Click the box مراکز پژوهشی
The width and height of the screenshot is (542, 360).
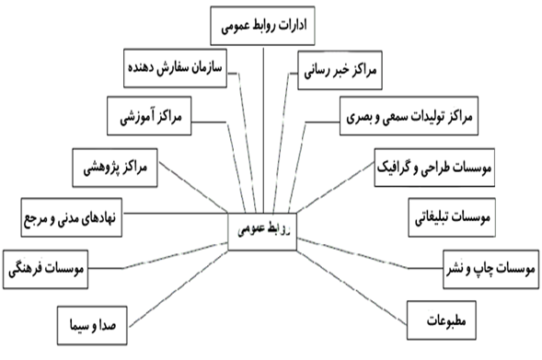point(121,168)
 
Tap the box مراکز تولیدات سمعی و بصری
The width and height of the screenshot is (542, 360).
point(406,118)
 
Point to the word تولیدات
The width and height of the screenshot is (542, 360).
point(432,118)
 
